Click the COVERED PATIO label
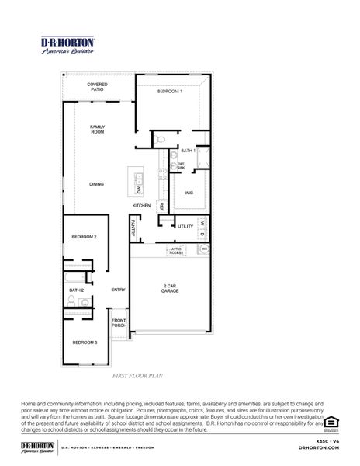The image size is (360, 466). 97,87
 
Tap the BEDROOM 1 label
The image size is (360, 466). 170,92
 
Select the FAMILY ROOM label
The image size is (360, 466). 97,129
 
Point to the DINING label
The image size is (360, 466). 96,184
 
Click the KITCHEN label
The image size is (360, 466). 140,205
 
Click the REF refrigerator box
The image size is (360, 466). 161,207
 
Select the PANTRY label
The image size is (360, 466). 134,229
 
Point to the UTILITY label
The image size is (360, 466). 185,226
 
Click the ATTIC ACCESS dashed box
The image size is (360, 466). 177,250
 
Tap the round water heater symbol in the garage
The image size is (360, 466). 204,249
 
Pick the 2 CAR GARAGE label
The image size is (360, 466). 170,287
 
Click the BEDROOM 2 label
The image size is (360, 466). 84,236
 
